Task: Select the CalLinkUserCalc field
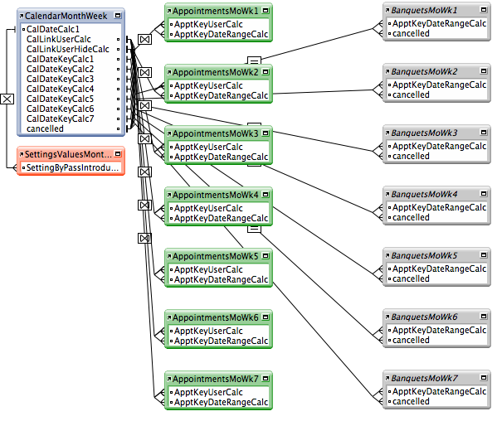[x=58, y=39]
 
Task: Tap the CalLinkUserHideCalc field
[x=67, y=49]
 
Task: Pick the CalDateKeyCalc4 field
[x=60, y=89]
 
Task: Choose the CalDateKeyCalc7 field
[x=60, y=119]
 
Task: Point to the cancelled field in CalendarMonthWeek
[x=45, y=128]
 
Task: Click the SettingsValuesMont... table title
[x=67, y=154]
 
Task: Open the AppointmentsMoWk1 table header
[x=217, y=10]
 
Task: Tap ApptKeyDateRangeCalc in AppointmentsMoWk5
[x=220, y=279]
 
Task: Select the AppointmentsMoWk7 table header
[x=217, y=378]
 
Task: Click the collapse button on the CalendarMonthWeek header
[x=119, y=16]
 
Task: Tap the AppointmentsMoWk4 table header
[x=217, y=194]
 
